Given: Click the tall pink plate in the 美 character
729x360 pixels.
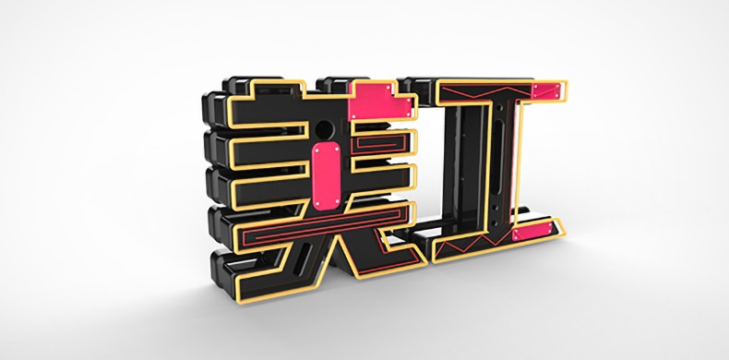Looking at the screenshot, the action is pyautogui.click(x=326, y=175).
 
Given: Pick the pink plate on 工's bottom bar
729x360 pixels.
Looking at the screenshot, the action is pyautogui.click(x=532, y=231).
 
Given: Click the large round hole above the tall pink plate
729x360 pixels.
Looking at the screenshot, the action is pyautogui.click(x=324, y=128).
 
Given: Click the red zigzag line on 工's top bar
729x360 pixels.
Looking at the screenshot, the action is pyautogui.click(x=485, y=92).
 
